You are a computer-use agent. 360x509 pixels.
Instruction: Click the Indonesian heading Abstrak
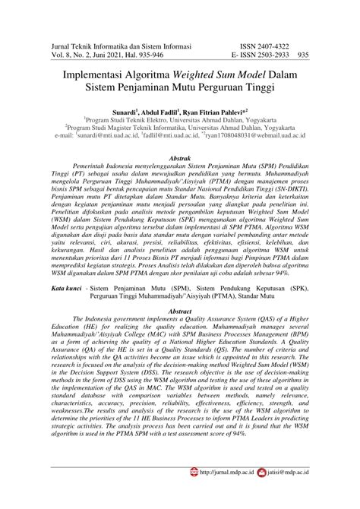coord(179,152)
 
